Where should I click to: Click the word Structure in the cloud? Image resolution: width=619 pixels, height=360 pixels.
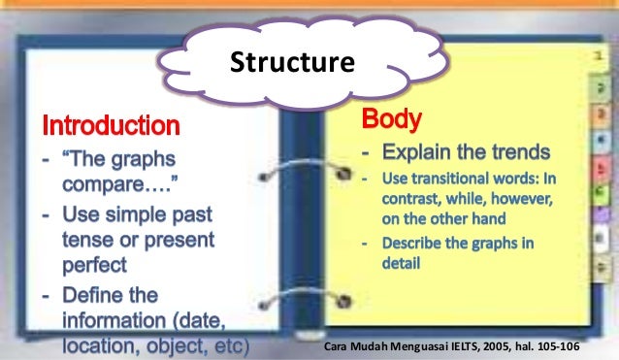click(291, 64)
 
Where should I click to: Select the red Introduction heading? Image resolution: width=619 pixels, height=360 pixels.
click(110, 126)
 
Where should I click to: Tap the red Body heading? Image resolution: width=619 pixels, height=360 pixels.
click(391, 119)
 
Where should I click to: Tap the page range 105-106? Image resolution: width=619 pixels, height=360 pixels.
click(581, 345)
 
